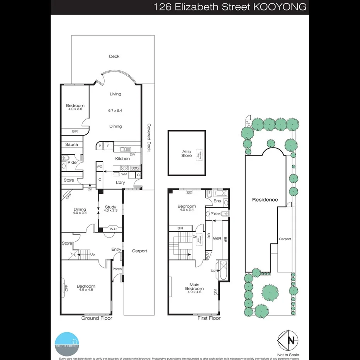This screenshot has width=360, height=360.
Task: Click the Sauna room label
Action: point(71,144)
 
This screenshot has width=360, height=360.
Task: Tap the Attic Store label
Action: point(186,154)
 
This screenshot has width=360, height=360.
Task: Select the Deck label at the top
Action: point(114,56)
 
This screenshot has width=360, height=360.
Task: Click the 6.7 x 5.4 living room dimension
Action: point(115,110)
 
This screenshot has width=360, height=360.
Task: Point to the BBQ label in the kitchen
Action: point(135,168)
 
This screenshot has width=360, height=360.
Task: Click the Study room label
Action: point(110,207)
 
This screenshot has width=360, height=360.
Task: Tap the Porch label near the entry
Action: point(117,269)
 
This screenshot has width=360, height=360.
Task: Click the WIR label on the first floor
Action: point(217,239)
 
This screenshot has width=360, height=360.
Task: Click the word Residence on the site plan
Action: point(265,200)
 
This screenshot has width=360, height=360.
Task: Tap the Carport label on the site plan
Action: point(285,239)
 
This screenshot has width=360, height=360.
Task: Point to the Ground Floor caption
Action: point(97,318)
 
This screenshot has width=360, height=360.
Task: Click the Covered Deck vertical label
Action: point(148,138)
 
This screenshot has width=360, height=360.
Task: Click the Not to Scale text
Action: point(288,355)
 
